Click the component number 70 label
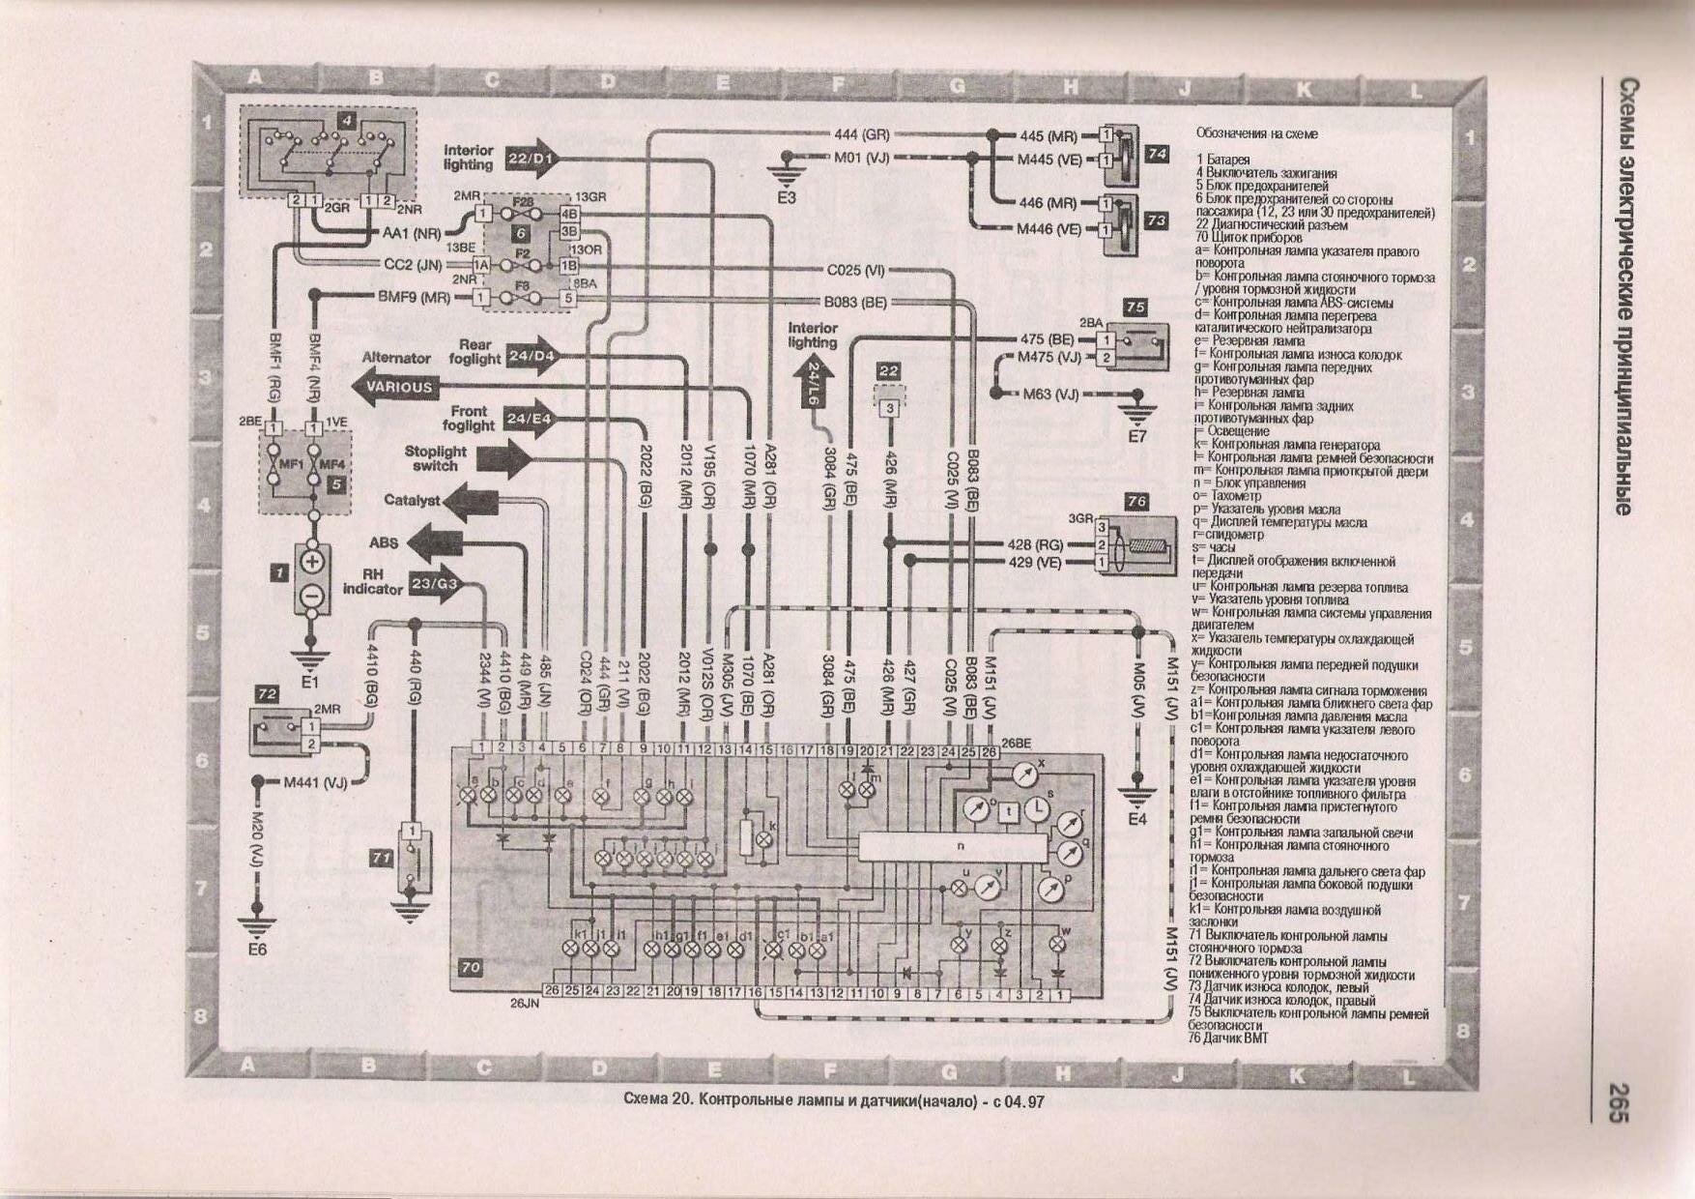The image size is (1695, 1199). click(x=471, y=966)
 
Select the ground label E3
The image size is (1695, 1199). click(x=787, y=197)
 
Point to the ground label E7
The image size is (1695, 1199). click(x=1137, y=436)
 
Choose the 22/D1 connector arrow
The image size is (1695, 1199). click(x=531, y=158)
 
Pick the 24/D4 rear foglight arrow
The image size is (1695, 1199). click(x=532, y=356)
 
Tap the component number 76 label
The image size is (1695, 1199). click(x=1136, y=502)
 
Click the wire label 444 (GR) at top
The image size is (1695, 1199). click(x=861, y=135)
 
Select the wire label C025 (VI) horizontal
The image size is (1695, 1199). click(x=856, y=271)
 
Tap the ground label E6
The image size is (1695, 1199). click(x=256, y=950)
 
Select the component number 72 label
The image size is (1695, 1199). click(x=267, y=693)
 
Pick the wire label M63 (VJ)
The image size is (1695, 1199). click(x=1051, y=395)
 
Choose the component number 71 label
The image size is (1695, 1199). click(x=382, y=858)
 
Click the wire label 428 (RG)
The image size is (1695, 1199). click(x=1035, y=545)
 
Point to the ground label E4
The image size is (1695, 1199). click(x=1137, y=819)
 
